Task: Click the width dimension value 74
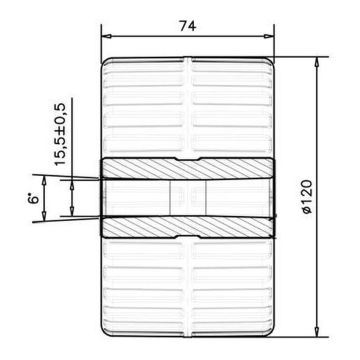(x=187, y=26)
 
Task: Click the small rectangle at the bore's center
(x=187, y=197)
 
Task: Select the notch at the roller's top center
(x=187, y=61)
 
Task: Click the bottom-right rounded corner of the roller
(x=269, y=331)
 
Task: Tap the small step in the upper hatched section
(x=187, y=159)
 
